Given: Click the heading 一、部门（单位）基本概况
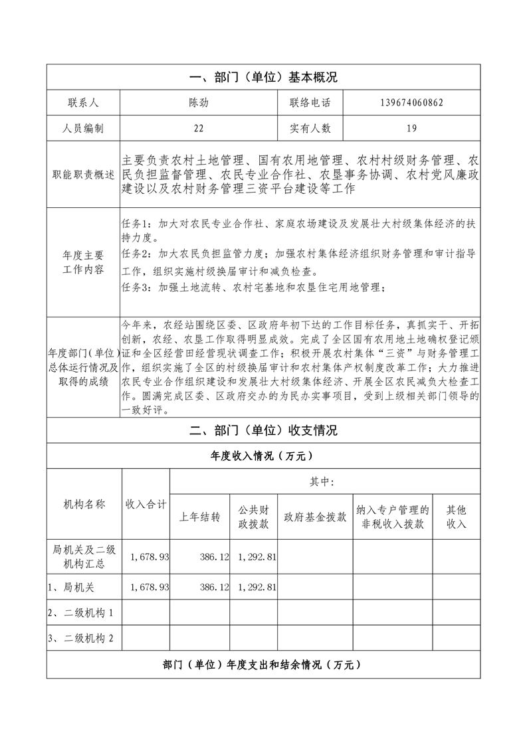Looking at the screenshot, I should [x=263, y=78].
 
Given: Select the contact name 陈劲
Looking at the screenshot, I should [x=199, y=103].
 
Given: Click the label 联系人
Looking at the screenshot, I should [x=83, y=103].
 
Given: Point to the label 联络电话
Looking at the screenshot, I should [x=310, y=103].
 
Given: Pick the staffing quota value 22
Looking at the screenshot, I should [x=199, y=128].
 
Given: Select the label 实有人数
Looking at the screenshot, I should [x=310, y=128].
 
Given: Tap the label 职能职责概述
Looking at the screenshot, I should [x=83, y=175].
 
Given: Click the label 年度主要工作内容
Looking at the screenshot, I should [x=83, y=262].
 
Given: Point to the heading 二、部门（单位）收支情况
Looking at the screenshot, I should [x=263, y=430].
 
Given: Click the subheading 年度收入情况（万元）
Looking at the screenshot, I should [x=263, y=456].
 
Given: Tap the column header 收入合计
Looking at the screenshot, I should [x=146, y=504].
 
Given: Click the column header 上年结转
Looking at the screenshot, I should [x=200, y=517].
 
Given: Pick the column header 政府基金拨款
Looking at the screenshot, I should [x=315, y=517].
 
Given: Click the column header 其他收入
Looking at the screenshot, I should [x=457, y=517].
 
